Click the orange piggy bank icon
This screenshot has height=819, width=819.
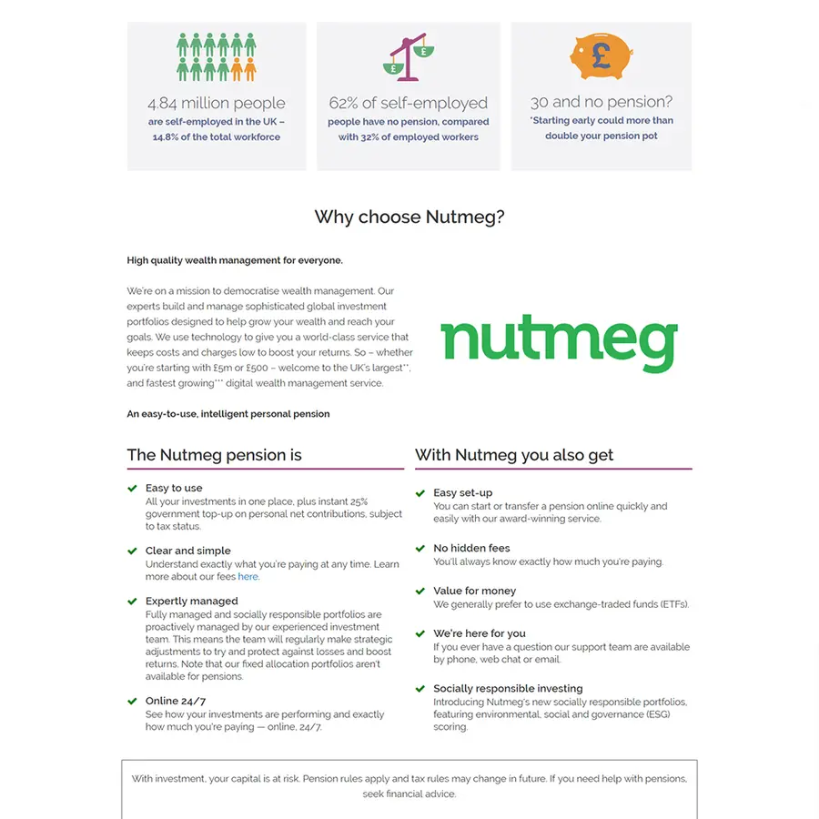(601, 56)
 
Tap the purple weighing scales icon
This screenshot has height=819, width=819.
(409, 57)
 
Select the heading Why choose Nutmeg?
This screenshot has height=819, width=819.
(409, 217)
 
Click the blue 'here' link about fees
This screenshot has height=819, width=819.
(248, 576)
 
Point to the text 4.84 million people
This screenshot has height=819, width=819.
(217, 103)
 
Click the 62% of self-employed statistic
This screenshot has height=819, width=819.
(409, 103)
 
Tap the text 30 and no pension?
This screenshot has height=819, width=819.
(601, 102)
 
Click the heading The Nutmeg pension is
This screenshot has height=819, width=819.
(215, 455)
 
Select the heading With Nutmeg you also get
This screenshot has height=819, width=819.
(514, 455)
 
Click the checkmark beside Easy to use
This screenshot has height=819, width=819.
(133, 488)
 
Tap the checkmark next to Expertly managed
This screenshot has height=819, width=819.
(133, 601)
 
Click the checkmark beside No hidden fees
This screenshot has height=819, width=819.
(420, 548)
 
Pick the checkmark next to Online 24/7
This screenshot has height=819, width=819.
(133, 701)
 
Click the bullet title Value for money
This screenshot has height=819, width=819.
(474, 591)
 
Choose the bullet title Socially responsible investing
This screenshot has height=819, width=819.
(508, 688)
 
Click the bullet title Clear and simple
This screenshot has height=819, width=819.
(187, 551)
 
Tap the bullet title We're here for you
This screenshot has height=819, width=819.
(479, 633)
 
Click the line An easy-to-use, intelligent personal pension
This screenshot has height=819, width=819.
(228, 414)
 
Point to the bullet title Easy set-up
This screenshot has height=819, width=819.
(462, 492)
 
